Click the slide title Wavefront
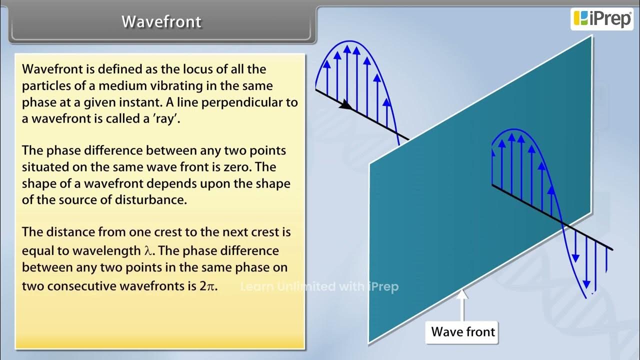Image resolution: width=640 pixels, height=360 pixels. click(161, 22)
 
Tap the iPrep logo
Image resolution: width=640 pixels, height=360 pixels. click(601, 18)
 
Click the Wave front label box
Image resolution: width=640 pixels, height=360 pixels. click(462, 332)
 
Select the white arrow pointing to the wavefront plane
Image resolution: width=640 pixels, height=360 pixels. click(462, 305)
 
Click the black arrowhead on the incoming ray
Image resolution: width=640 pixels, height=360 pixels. click(344, 104)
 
